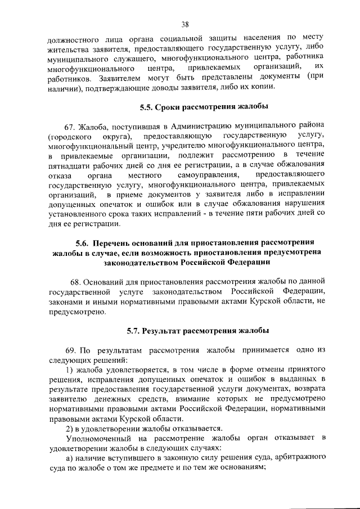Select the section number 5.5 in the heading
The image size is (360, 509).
click(x=146, y=107)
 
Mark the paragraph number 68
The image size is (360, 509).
click(x=77, y=281)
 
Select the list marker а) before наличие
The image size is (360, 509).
click(x=70, y=458)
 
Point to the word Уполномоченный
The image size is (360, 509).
click(x=99, y=438)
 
